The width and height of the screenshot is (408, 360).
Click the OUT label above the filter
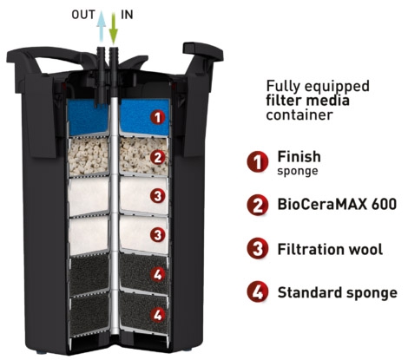(83, 15)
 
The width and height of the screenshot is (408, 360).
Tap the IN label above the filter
(127, 15)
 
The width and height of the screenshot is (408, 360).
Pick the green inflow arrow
(114, 29)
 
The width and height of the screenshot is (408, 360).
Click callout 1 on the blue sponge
(157, 118)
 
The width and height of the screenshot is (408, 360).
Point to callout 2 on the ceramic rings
(157, 158)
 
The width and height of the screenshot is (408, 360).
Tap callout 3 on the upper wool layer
(157, 196)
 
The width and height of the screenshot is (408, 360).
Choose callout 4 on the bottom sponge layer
(157, 315)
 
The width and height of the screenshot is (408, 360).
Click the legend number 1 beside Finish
(257, 162)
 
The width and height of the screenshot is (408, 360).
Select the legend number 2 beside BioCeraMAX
(257, 205)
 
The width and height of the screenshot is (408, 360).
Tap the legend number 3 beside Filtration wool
(257, 249)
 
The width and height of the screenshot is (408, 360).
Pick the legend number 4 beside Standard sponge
(257, 291)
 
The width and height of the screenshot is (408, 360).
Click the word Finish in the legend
(299, 157)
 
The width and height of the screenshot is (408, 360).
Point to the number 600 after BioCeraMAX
(384, 204)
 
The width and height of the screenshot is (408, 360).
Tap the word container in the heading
(299, 115)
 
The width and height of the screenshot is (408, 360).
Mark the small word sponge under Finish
(298, 172)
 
